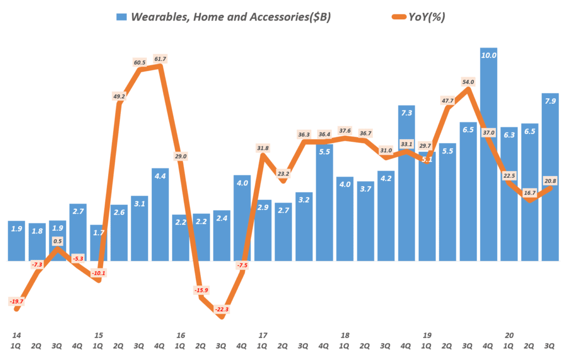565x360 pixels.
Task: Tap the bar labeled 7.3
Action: click(407, 182)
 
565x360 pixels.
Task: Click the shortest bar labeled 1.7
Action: click(98, 243)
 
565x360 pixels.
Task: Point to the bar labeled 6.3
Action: click(509, 193)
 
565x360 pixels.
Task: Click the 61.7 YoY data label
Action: click(159, 58)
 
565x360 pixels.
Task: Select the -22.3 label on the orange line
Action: click(222, 309)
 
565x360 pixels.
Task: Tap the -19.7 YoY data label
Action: click(17, 301)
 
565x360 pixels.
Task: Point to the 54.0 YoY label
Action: click(468, 82)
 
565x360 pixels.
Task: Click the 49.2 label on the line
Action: click(119, 96)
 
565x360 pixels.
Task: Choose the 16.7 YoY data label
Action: click(530, 193)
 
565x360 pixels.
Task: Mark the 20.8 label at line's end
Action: click(550, 181)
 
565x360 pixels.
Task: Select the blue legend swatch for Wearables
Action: click(121, 17)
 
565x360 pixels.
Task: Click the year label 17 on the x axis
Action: click(263, 335)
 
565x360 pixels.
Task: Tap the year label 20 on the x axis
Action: click(509, 335)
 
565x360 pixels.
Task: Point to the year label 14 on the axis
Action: click(17, 335)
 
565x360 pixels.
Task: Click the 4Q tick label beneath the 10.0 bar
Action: click(488, 346)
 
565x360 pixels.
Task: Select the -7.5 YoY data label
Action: click(242, 265)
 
